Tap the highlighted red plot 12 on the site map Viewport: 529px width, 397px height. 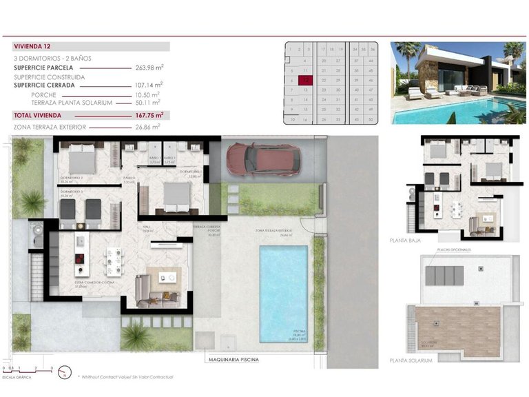[x=306, y=80]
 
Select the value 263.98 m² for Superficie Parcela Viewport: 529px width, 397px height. [x=149, y=68]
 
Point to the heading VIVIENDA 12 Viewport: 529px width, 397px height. [x=32, y=46]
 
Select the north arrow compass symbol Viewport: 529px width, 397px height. [x=65, y=373]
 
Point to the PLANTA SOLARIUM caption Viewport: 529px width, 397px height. [x=411, y=360]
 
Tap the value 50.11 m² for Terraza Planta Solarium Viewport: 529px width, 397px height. [x=149, y=103]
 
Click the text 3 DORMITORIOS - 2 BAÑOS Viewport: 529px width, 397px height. [x=52, y=59]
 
